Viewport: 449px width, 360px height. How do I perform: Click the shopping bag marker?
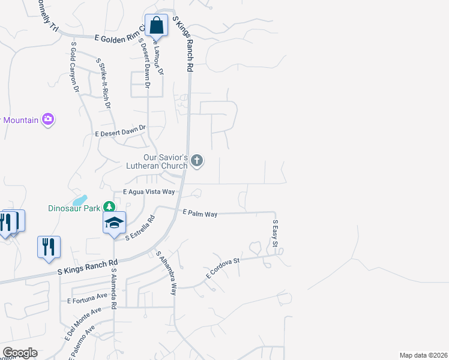click(156, 26)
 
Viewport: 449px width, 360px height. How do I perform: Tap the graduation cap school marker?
click(114, 223)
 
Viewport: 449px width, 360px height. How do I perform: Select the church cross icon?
click(197, 160)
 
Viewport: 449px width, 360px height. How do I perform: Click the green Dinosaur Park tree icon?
click(109, 207)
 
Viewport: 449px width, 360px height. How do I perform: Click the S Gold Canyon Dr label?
click(76, 66)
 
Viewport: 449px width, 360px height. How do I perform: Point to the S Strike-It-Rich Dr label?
click(104, 82)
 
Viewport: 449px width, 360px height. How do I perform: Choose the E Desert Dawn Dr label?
click(120, 131)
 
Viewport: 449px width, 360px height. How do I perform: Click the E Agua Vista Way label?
click(148, 192)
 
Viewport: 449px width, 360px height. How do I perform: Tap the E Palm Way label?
click(200, 213)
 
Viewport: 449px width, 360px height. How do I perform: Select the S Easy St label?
click(276, 233)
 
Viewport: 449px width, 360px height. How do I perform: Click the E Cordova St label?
click(223, 268)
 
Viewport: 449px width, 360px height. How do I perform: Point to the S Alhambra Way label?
click(166, 272)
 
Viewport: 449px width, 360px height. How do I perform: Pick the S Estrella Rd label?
click(140, 229)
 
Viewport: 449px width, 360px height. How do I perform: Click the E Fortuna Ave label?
click(87, 298)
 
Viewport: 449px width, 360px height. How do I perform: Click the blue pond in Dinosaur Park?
click(79, 199)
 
